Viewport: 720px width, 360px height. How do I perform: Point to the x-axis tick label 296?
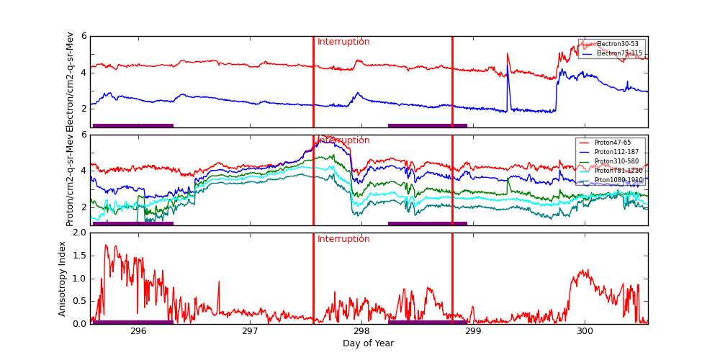pos(138,332)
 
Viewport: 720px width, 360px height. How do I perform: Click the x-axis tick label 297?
pos(250,332)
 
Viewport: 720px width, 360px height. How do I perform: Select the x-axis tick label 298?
pos(361,332)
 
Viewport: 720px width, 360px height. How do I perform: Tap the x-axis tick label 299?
pos(473,332)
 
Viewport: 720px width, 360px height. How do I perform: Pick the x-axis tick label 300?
pos(585,332)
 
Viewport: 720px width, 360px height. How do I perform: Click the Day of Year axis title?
pos(368,343)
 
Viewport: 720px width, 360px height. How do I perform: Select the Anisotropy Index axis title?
pos(63,279)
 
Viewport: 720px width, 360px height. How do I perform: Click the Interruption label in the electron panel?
pos(343,42)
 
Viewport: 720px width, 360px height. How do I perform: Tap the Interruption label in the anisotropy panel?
pos(343,239)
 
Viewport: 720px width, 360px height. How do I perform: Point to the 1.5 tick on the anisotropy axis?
pos(78,256)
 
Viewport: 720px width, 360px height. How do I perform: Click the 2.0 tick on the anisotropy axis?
pos(78,233)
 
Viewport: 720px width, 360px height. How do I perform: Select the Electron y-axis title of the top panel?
pos(70,81)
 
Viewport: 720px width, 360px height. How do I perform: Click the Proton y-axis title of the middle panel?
pos(70,180)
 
